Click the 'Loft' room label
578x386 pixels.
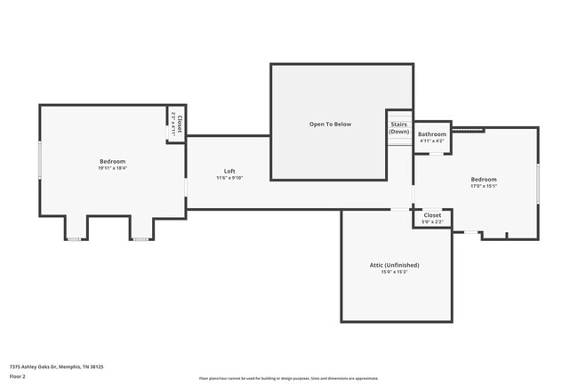tap(229, 171)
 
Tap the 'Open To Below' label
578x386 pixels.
tap(330, 124)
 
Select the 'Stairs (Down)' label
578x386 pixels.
tap(399, 128)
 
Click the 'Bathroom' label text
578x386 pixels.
tap(432, 134)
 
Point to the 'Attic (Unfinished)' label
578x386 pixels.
tap(394, 265)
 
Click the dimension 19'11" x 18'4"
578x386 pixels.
tap(112, 168)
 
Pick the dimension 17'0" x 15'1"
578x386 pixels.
tap(484, 187)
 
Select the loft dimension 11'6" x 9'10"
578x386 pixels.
tap(229, 178)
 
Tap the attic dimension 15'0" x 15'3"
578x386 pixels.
tap(394, 272)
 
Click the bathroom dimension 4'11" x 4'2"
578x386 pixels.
tap(432, 141)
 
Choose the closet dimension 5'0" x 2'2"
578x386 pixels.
tap(432, 222)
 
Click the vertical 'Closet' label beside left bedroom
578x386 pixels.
tap(180, 125)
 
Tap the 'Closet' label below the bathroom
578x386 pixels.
tap(432, 215)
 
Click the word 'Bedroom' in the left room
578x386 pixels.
tap(112, 161)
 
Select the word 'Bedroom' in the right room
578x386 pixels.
tap(484, 180)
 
